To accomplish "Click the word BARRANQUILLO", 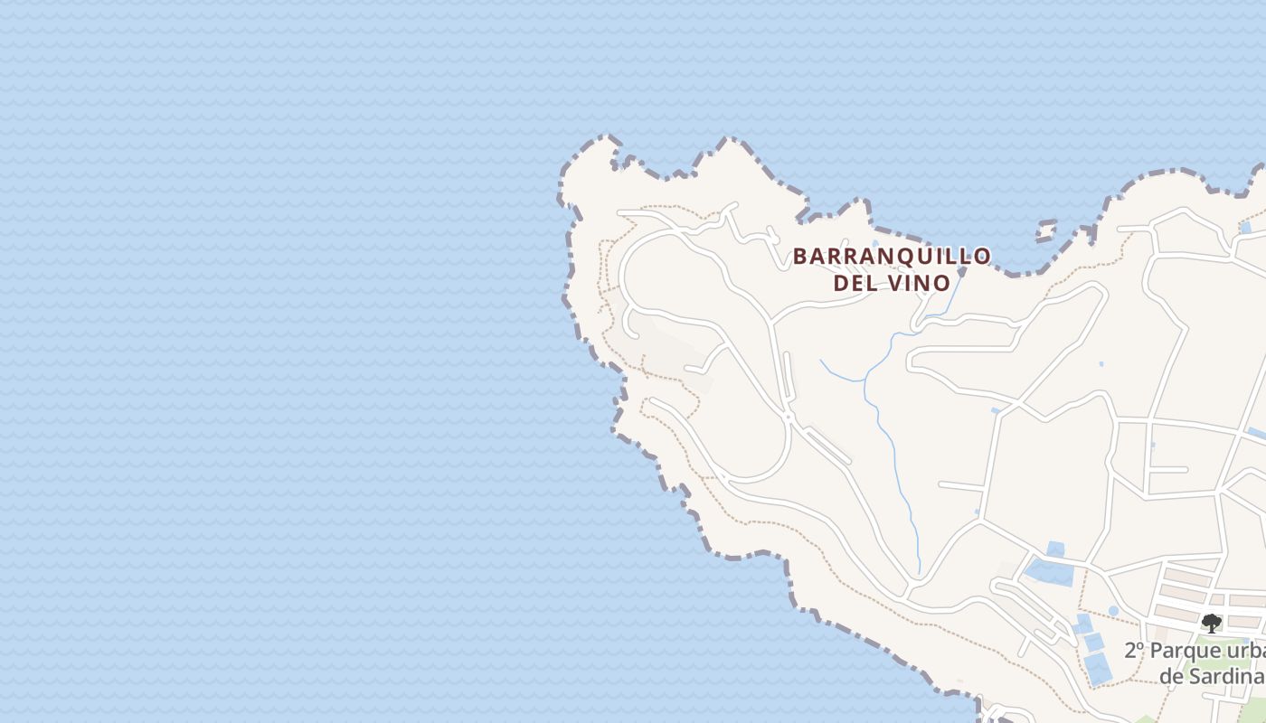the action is coord(892,257).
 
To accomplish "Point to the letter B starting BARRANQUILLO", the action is coord(799,257).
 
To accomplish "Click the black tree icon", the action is coord(1211,623).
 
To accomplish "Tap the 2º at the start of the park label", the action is coord(1135,650).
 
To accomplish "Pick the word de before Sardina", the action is coord(1172,677).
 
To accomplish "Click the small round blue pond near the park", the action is coord(1113,611).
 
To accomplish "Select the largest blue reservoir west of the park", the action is coord(1049,571).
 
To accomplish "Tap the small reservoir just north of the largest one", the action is coord(1055,549).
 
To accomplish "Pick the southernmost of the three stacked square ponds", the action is coord(1098,669).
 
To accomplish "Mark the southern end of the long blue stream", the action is coord(919,571).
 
